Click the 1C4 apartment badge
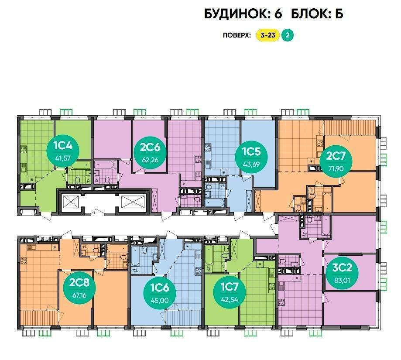pyautogui.click(x=63, y=151)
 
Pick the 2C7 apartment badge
pyautogui.click(x=336, y=161)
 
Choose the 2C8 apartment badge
pyautogui.click(x=79, y=288)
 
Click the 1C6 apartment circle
pyautogui.click(x=160, y=293)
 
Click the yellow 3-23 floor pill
pyautogui.click(x=268, y=35)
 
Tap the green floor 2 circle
pyautogui.click(x=288, y=35)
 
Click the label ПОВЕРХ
pyautogui.click(x=236, y=35)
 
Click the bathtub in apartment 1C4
pyautogui.click(x=81, y=165)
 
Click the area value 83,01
pyautogui.click(x=342, y=280)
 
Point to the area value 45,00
pyautogui.click(x=160, y=300)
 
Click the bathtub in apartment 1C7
pyautogui.click(x=209, y=256)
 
